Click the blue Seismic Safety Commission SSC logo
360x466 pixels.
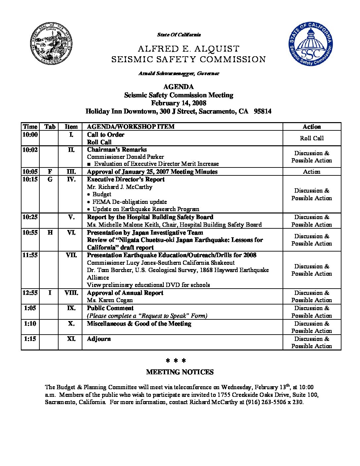tap(310, 46)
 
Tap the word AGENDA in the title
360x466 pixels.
tap(179, 87)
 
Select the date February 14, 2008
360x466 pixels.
tap(179, 103)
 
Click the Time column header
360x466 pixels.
tap(30, 127)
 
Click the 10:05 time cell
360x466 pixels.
tap(30, 172)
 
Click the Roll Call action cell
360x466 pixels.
tap(312, 138)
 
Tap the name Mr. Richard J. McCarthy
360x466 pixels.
tap(120, 187)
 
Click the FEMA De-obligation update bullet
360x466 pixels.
tap(129, 202)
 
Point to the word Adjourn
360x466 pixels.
tap(99, 339)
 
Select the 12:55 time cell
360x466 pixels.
tap(30, 293)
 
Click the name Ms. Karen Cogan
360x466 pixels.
tap(110, 300)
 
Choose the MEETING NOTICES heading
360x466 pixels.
tap(180, 372)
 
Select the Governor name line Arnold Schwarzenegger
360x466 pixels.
tap(179, 73)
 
